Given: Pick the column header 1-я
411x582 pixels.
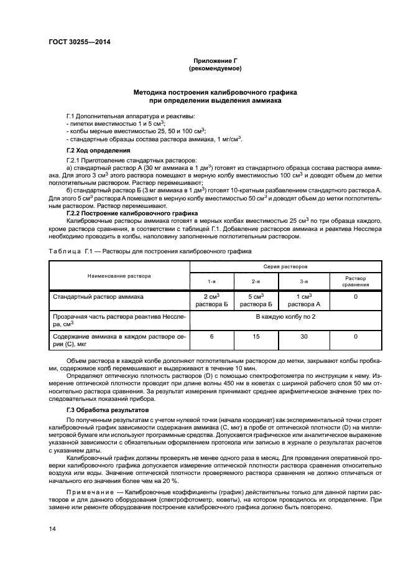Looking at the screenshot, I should [x=212, y=281].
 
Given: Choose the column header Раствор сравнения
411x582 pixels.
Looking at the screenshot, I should [x=356, y=281].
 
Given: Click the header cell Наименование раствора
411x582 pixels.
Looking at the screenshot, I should [x=119, y=274].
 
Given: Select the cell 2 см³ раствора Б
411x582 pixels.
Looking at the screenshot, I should [x=212, y=300].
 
